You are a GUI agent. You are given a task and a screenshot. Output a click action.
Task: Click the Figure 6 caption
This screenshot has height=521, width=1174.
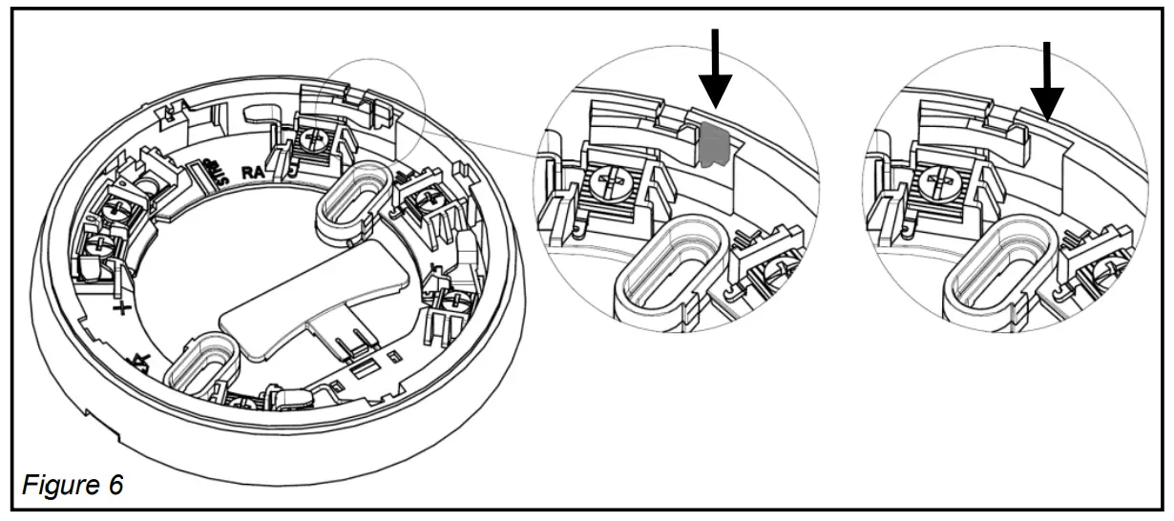click(73, 485)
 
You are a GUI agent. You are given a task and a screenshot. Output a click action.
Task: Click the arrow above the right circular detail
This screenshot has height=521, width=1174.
click(1047, 76)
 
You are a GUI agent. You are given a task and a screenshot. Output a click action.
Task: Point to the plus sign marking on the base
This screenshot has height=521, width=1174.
click(121, 308)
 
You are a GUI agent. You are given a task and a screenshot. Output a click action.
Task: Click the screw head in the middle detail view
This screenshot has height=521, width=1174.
click(608, 181)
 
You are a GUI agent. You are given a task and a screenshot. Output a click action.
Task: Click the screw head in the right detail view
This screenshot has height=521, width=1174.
click(941, 181)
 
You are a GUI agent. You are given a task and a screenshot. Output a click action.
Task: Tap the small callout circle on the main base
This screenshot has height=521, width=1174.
click(375, 105)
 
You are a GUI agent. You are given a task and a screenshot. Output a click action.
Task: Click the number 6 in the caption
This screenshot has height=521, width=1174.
click(115, 485)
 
